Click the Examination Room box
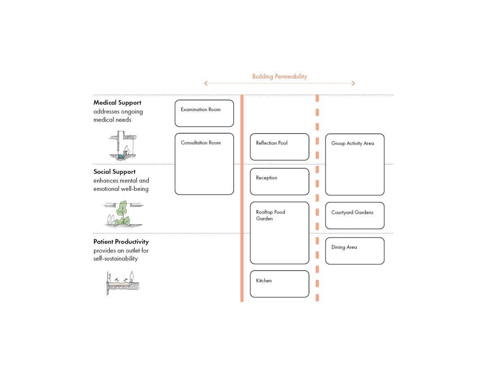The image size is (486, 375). pyautogui.click(x=204, y=113)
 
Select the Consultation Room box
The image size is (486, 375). pyautogui.click(x=204, y=164)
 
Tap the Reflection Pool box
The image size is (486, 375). pyautogui.click(x=279, y=147)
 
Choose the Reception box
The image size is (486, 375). pyautogui.click(x=279, y=182)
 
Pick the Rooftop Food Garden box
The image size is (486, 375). pyautogui.click(x=279, y=233)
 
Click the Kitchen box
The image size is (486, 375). pyautogui.click(x=279, y=284)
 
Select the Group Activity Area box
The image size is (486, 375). pyautogui.click(x=355, y=165)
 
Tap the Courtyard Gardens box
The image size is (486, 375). pyautogui.click(x=355, y=216)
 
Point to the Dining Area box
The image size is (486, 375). pyautogui.click(x=355, y=251)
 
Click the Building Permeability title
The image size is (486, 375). pyautogui.click(x=279, y=76)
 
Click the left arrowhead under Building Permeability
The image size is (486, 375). pyautogui.click(x=206, y=83)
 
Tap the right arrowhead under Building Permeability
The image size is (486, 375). pyautogui.click(x=353, y=83)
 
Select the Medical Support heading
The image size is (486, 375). pyautogui.click(x=117, y=103)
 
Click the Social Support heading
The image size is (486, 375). pyautogui.click(x=115, y=172)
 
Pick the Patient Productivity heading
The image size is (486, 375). pyautogui.click(x=121, y=242)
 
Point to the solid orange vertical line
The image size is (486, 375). pyautogui.click(x=242, y=198)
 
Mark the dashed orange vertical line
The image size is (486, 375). pyautogui.click(x=317, y=198)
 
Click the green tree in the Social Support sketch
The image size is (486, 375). pyautogui.click(x=123, y=214)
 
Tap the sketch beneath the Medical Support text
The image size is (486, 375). pyautogui.click(x=122, y=146)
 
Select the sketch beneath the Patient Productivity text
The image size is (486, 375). pyautogui.click(x=123, y=283)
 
